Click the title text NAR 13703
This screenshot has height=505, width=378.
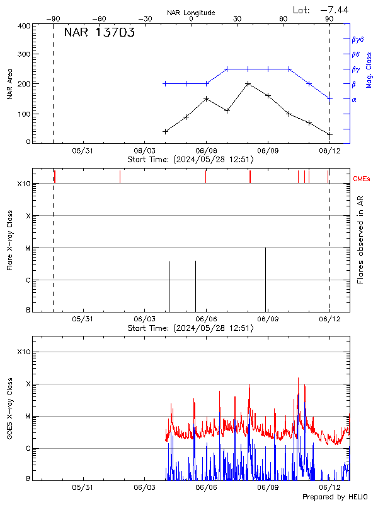pyautogui.click(x=99, y=33)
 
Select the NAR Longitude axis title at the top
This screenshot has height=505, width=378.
pyautogui.click(x=191, y=13)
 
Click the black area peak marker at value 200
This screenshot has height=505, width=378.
pyautogui.click(x=248, y=83)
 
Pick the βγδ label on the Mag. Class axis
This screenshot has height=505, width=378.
pyautogui.click(x=357, y=39)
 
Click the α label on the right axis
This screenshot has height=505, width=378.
pyautogui.click(x=354, y=99)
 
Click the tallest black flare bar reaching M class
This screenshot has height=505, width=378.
pyautogui.click(x=265, y=278)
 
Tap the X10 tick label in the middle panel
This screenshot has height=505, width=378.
pyautogui.click(x=24, y=184)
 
